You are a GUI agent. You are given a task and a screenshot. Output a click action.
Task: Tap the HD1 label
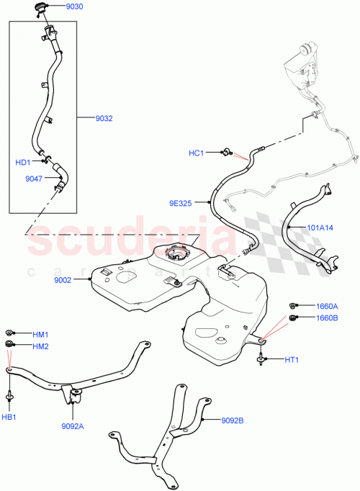pyautogui.click(x=22, y=162)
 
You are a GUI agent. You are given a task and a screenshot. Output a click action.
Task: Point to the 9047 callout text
pyautogui.click(x=33, y=178)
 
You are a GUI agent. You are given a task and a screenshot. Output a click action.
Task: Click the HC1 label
pyautogui.click(x=197, y=153)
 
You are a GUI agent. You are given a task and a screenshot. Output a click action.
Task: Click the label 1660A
pyautogui.click(x=325, y=305)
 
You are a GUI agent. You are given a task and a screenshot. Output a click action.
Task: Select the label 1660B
pyautogui.click(x=325, y=317)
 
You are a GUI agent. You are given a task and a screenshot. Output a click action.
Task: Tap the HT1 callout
pyautogui.click(x=293, y=359)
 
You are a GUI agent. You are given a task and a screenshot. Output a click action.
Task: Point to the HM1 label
pyautogui.click(x=40, y=334)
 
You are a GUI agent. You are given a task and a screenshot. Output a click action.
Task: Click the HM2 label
pyautogui.click(x=40, y=346)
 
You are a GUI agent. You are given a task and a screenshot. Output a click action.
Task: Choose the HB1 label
pyautogui.click(x=10, y=415)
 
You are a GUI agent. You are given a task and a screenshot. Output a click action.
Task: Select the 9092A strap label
pyautogui.click(x=72, y=425)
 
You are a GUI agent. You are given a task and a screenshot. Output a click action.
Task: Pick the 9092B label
pyautogui.click(x=233, y=419)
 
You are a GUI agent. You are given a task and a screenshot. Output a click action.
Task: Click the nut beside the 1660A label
pyautogui.click(x=294, y=305)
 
